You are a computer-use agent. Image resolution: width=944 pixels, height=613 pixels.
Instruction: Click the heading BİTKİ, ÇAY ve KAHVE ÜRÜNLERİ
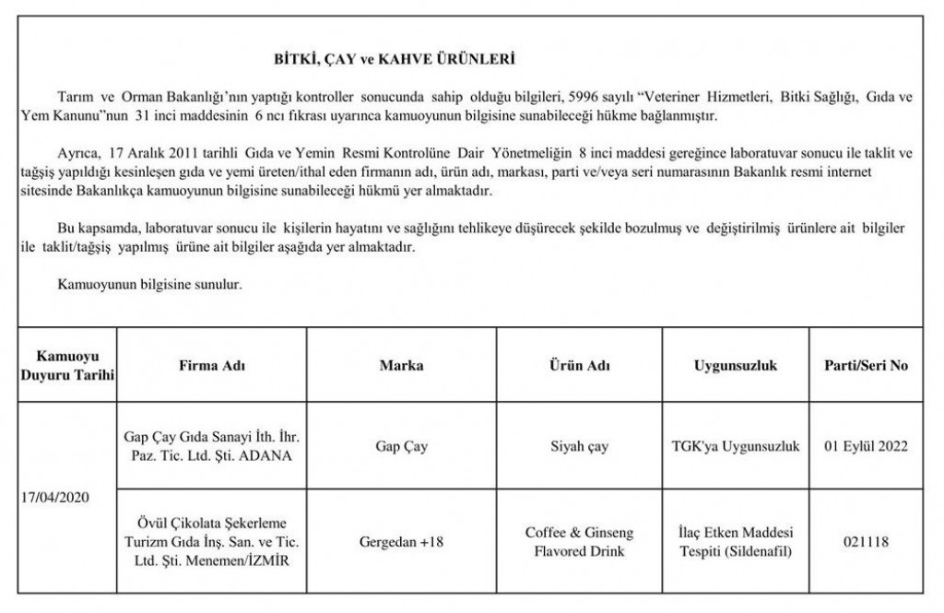tap(395, 60)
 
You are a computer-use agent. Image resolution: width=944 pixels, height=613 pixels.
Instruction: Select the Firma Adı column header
tap(212, 366)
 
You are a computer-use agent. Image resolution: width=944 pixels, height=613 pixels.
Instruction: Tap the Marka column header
tap(402, 366)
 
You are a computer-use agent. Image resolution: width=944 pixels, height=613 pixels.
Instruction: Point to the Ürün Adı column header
tap(579, 366)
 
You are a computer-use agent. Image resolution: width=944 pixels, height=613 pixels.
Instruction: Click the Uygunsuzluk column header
tap(735, 366)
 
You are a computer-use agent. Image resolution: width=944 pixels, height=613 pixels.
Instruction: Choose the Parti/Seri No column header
tap(866, 366)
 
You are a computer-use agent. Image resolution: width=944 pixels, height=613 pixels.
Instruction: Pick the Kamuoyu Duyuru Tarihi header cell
tap(68, 366)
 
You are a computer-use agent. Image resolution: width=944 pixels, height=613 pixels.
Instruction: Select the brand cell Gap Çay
tap(402, 447)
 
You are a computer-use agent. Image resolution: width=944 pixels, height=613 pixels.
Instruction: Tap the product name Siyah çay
tap(579, 447)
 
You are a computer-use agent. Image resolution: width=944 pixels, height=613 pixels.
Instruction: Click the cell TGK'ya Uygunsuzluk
tap(735, 447)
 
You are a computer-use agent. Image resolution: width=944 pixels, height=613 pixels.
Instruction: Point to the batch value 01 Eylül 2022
tap(866, 447)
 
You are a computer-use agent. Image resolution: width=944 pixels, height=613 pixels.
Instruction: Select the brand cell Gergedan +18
tap(402, 542)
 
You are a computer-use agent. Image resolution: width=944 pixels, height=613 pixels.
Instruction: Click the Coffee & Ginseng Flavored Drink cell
tap(579, 542)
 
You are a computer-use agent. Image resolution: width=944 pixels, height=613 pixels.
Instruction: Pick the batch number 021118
tap(866, 542)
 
